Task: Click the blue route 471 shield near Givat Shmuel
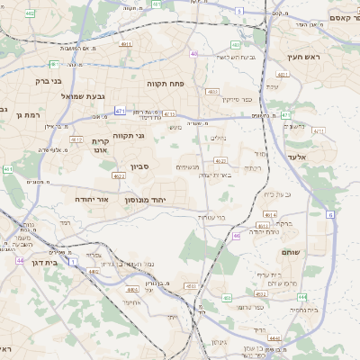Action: click(x=120, y=111)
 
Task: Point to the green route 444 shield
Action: click(x=303, y=296)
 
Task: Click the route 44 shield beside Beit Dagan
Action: click(x=19, y=260)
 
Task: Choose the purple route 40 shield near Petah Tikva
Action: click(x=193, y=54)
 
